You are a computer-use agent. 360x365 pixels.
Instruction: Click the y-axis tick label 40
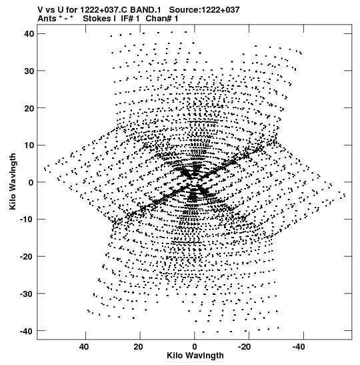tap(29, 34)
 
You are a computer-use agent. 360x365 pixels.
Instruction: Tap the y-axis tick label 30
tap(29, 71)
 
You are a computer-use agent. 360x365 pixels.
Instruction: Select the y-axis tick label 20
tap(29, 108)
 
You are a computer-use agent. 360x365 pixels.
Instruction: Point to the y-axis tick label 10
tap(29, 145)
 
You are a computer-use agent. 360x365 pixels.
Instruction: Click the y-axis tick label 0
tap(31, 182)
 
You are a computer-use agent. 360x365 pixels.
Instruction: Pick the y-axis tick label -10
tap(27, 220)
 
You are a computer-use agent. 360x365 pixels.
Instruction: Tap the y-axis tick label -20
tap(27, 256)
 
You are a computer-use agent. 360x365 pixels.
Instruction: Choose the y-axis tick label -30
tap(27, 294)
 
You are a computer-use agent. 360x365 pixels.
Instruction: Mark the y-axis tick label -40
tap(27, 331)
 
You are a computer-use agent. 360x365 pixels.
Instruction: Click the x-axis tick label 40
tap(84, 347)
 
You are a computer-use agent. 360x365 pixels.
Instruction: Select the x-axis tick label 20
tap(138, 347)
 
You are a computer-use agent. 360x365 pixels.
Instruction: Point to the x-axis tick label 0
tap(195, 347)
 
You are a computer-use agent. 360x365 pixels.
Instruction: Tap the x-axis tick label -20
tap(245, 347)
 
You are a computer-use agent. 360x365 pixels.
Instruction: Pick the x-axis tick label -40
tap(299, 347)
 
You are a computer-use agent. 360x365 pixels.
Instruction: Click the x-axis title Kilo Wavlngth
tap(195, 356)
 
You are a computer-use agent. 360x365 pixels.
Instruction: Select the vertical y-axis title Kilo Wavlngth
tap(13, 181)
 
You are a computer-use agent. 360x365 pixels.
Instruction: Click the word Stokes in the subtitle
tap(97, 19)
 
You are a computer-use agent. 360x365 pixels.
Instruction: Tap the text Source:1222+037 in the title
tap(204, 10)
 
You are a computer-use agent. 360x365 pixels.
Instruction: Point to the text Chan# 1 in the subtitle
tap(162, 19)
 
